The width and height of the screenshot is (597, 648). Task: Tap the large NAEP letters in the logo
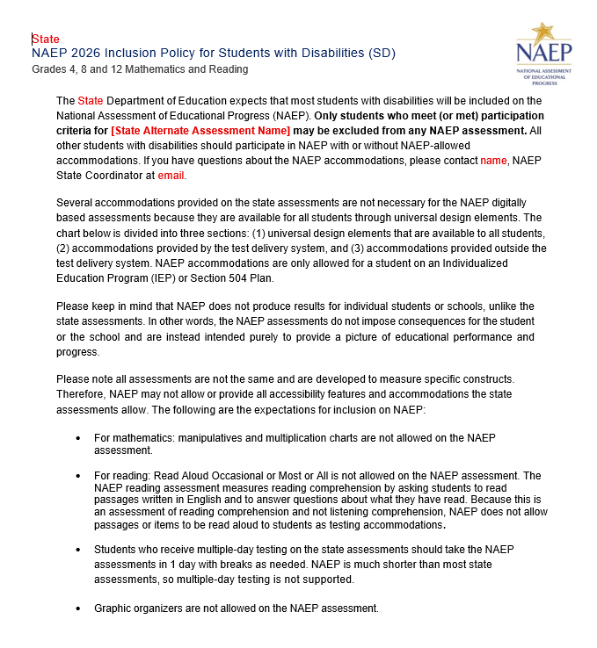tap(543, 53)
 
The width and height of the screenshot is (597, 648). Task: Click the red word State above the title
tap(46, 40)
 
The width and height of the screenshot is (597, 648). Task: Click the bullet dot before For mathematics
tap(79, 437)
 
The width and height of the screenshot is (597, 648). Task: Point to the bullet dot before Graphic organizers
tap(79, 608)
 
